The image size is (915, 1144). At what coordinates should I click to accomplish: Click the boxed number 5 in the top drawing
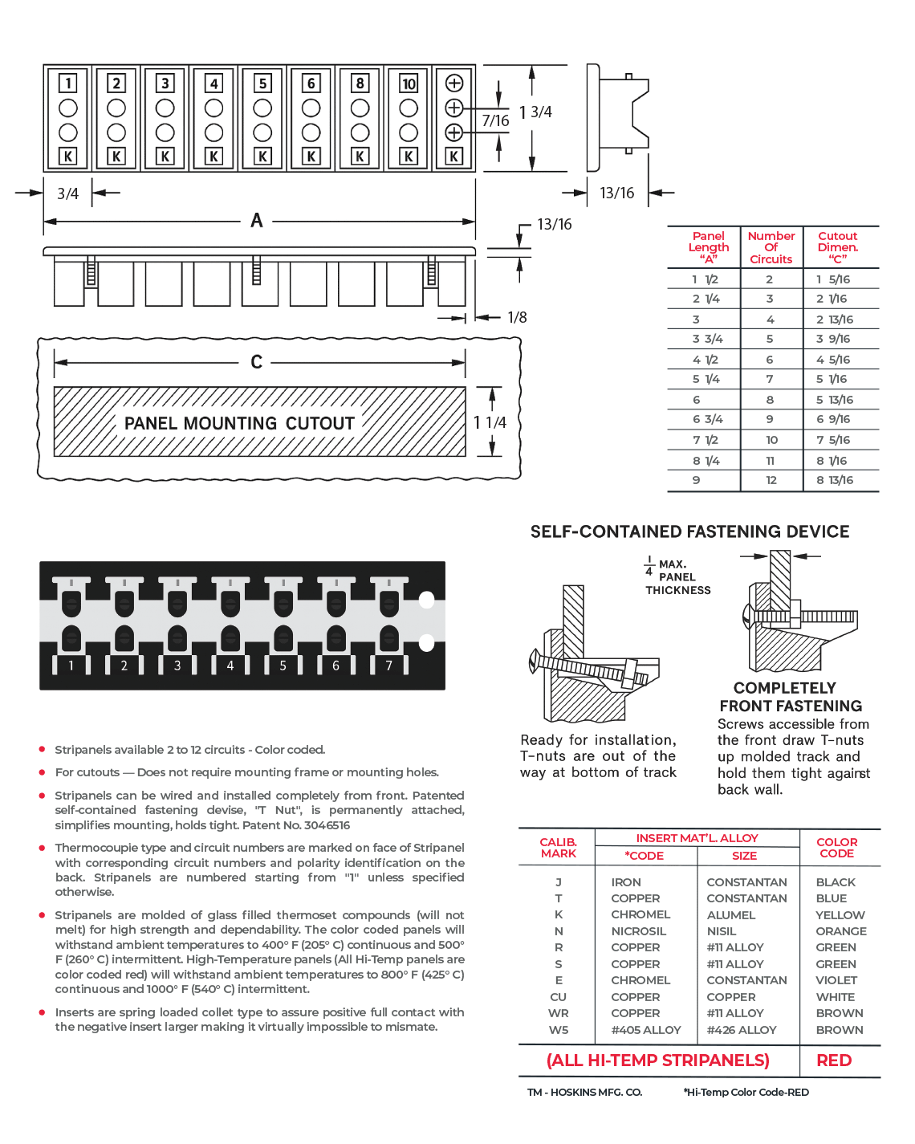(262, 83)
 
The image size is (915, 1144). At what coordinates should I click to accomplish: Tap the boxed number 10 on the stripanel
(409, 83)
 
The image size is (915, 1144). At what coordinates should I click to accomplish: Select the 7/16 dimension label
(495, 120)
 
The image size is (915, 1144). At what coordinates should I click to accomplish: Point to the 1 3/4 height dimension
(536, 112)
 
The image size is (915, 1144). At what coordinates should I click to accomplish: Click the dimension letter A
(257, 220)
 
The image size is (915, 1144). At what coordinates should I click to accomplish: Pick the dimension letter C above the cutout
(257, 362)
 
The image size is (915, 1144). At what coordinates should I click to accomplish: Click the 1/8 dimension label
(517, 318)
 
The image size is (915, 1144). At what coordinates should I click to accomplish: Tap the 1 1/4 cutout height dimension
(490, 422)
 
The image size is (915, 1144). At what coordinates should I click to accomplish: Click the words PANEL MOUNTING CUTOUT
(239, 423)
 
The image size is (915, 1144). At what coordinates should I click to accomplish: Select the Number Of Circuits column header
(771, 247)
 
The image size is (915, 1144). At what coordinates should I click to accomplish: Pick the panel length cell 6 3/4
(707, 419)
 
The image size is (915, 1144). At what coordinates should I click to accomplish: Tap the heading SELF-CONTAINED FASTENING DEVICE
(689, 531)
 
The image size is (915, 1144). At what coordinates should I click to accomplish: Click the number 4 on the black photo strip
(230, 666)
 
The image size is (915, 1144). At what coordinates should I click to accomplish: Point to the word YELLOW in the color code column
(840, 915)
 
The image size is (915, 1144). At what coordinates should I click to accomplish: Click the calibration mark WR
(559, 1013)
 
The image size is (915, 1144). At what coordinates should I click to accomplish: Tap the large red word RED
(834, 1061)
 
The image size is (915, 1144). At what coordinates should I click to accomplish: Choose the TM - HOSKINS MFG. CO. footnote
(584, 1092)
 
